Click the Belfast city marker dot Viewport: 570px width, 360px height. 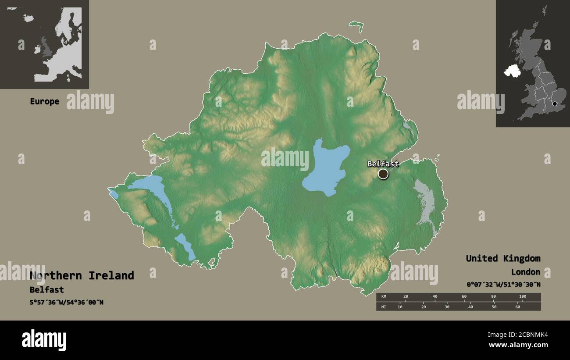point(383,174)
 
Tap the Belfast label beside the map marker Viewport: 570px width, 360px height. point(383,164)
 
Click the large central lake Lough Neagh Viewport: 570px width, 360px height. point(325,168)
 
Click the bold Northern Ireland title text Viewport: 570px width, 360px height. point(82,275)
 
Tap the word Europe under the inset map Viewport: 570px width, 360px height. point(44,101)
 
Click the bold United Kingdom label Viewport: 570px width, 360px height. point(503,258)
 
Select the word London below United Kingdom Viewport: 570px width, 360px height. point(525,272)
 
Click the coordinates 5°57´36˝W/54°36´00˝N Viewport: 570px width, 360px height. point(67,302)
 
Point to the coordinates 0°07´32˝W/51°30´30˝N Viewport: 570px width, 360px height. point(503,285)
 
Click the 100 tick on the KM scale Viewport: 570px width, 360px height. point(522,297)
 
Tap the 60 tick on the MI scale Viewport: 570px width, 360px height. point(517,307)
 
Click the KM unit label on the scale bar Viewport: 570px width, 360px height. point(384,297)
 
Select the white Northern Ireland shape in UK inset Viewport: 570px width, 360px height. point(512,71)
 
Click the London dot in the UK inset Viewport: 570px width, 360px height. point(555,104)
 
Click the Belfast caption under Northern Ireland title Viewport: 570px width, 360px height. point(46,290)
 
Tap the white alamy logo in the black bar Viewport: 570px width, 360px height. point(44,340)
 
